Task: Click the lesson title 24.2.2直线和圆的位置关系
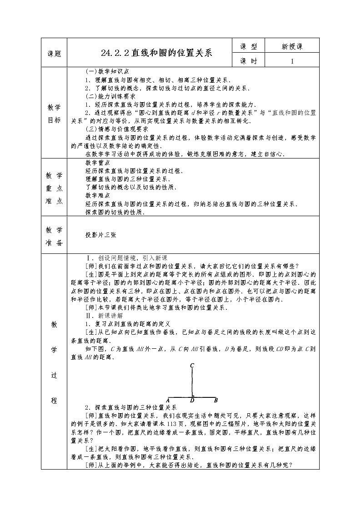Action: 157,52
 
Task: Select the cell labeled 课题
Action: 54,53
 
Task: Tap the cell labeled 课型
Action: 249,46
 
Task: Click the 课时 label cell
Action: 249,60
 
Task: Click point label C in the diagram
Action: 192,365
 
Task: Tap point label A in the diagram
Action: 168,400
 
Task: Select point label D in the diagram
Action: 192,401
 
